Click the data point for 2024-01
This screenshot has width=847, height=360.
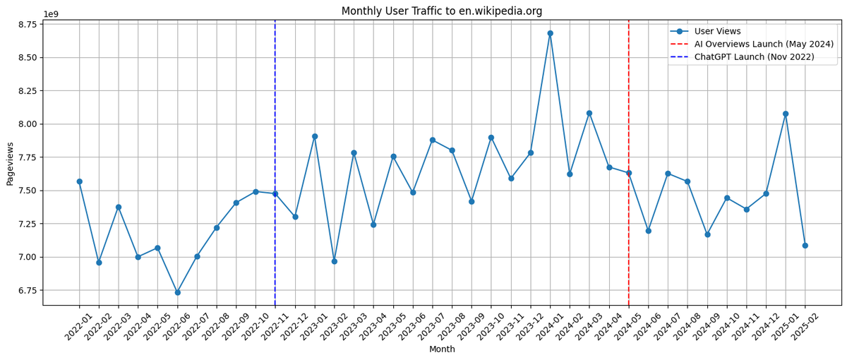(550, 33)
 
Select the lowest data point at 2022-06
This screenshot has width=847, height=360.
(177, 292)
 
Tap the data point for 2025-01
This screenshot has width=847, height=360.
(786, 114)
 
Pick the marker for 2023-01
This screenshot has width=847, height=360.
(315, 136)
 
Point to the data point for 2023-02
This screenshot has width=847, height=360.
(335, 261)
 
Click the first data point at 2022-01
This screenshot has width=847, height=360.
(79, 181)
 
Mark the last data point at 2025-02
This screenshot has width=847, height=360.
(805, 246)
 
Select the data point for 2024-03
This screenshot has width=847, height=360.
(589, 113)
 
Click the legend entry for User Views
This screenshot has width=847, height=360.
(717, 31)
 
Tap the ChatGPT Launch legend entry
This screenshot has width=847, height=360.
(754, 56)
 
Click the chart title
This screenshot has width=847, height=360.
(442, 11)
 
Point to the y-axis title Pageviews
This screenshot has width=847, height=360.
(10, 164)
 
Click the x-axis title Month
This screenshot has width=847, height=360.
(442, 349)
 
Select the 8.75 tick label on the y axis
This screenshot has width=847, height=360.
(27, 25)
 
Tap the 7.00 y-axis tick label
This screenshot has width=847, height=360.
(27, 257)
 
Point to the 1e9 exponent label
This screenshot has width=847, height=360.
(51, 14)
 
